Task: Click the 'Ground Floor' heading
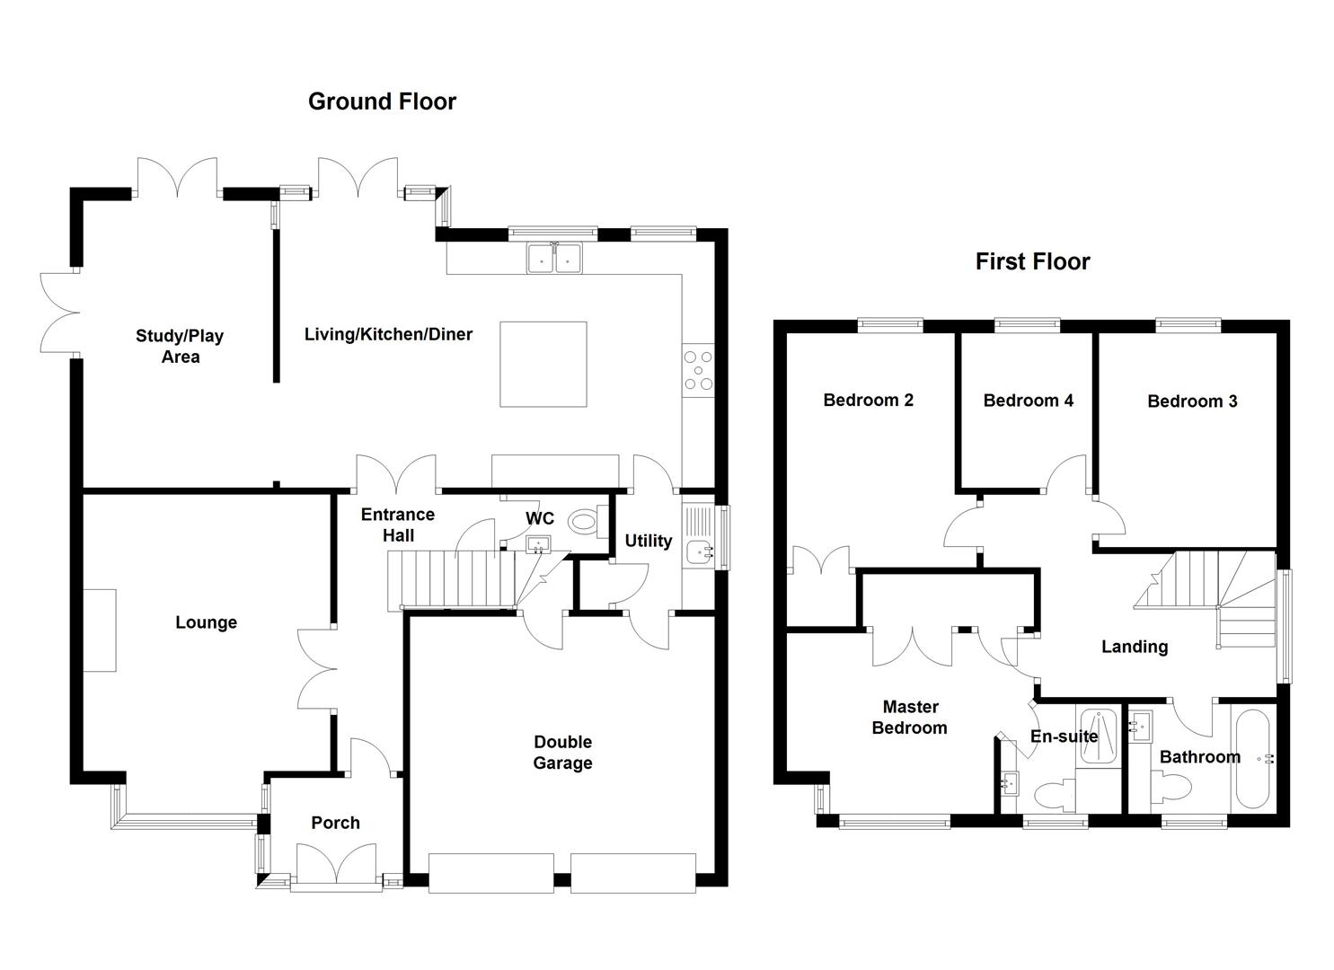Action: point(382,101)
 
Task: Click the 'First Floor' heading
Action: point(1032,261)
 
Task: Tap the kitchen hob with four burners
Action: point(697,369)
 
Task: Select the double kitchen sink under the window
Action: point(554,258)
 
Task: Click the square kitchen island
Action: point(543,364)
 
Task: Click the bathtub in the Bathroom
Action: point(1251,760)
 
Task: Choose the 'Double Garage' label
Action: point(562,753)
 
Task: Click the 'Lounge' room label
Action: point(206,622)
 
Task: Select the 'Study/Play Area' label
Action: point(180,346)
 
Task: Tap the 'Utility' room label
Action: point(648,541)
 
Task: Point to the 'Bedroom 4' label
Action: point(1028,401)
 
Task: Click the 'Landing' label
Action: point(1134,647)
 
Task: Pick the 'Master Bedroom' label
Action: point(909,718)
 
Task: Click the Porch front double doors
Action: point(335,867)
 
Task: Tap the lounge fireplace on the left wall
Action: point(101,630)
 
